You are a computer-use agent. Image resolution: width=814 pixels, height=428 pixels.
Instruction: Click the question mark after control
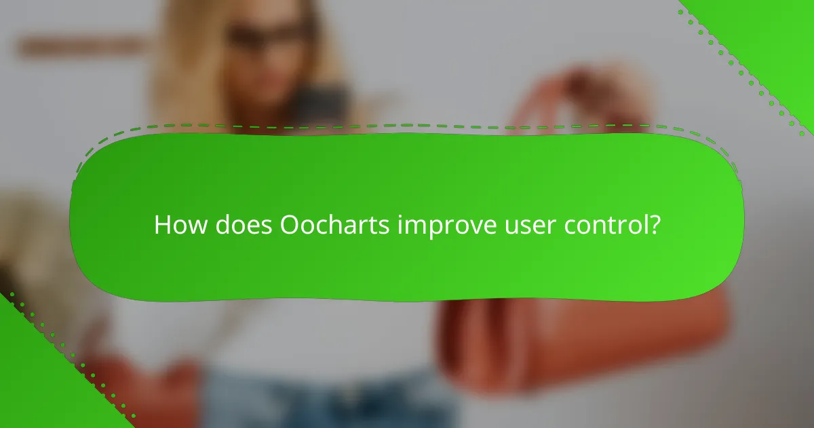click(654, 225)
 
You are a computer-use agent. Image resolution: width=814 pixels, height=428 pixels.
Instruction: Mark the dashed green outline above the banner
click(407, 126)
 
